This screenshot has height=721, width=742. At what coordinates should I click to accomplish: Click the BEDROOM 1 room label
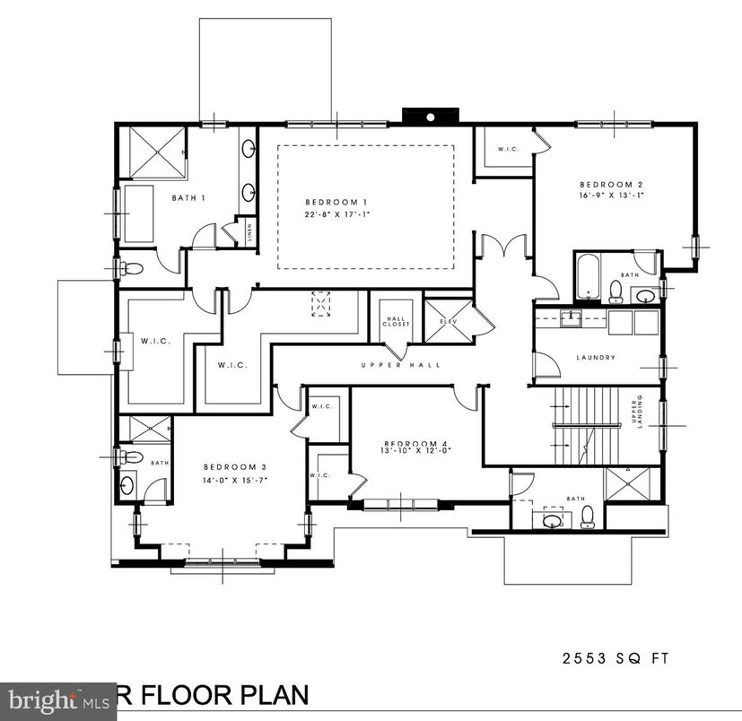coord(336,202)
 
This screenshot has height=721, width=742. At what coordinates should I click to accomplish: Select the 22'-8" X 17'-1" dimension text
coord(336,215)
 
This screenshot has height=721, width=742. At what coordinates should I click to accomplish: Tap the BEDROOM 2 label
coord(610,184)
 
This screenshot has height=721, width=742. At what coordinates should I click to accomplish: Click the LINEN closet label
coord(249,230)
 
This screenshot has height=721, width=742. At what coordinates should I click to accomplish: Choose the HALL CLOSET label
coord(397,321)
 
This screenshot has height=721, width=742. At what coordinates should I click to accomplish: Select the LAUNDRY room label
coord(596,358)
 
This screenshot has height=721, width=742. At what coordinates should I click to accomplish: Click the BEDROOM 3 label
coord(235,466)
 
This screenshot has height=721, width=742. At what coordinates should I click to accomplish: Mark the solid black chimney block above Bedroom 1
coord(430,116)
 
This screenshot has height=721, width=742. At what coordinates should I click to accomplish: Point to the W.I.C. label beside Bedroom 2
coord(506,149)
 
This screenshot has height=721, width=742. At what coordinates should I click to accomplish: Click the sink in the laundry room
coord(569,317)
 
